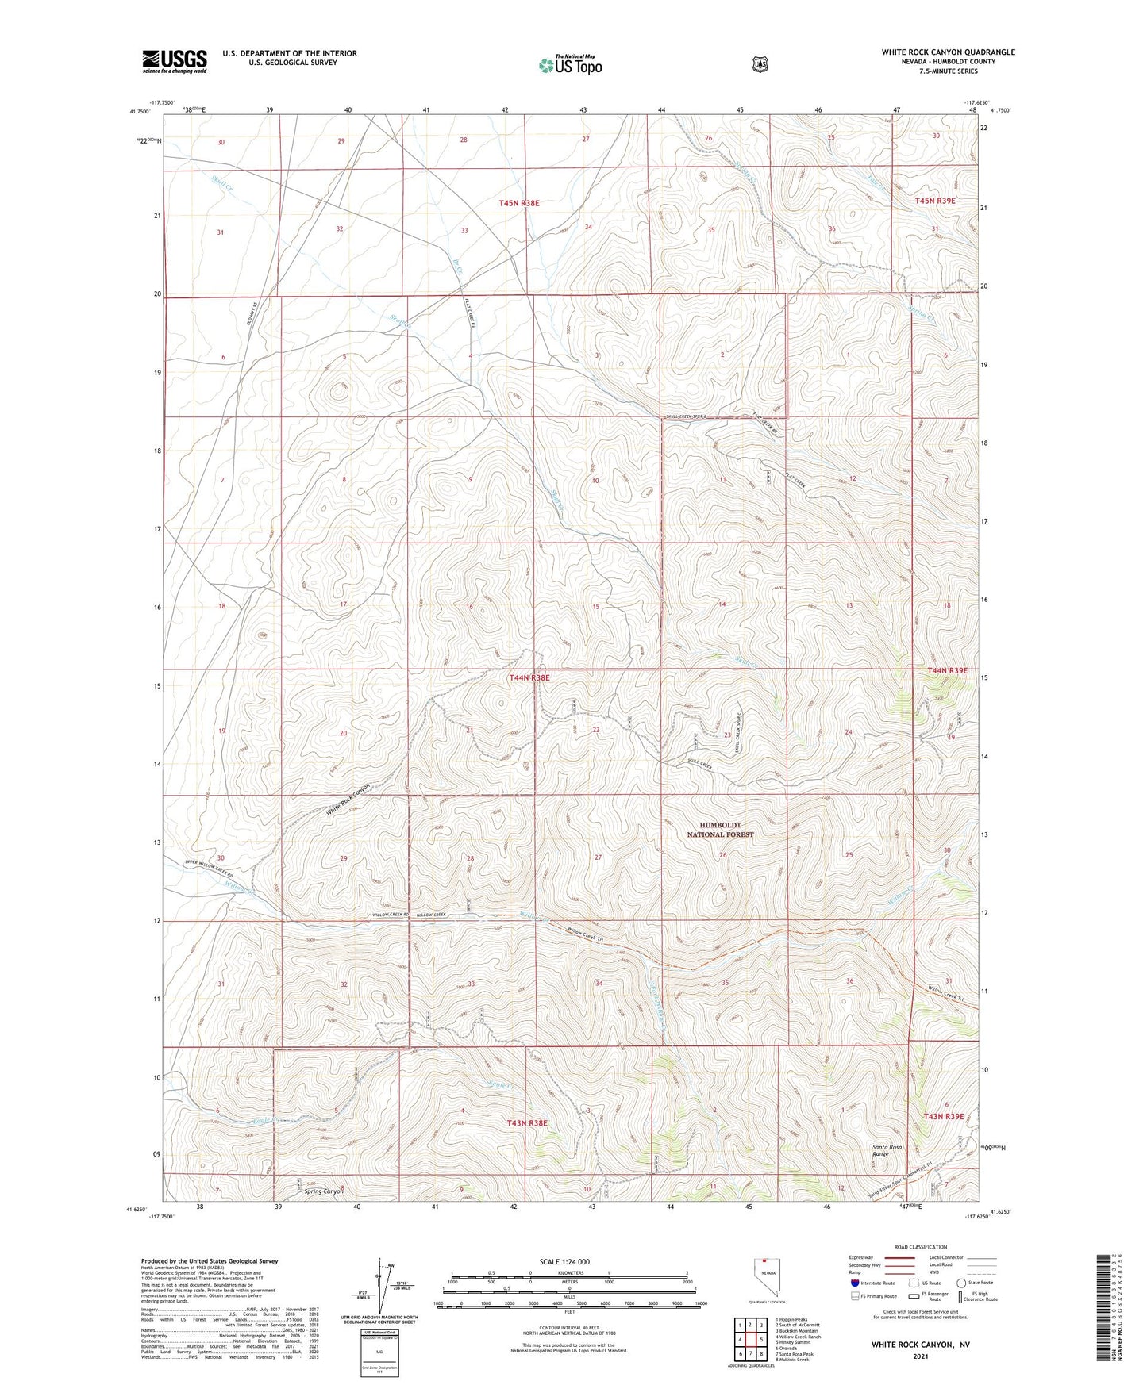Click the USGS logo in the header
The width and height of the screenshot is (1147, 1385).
tap(175, 61)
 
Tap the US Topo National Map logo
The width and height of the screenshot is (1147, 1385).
tap(569, 65)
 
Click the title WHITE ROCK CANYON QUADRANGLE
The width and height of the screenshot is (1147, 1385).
tap(948, 52)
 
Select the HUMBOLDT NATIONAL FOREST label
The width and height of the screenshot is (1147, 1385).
tap(720, 830)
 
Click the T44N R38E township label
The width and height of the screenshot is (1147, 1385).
tap(529, 678)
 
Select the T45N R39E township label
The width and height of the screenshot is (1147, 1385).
tap(934, 201)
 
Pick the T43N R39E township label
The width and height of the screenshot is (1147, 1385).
tap(943, 1116)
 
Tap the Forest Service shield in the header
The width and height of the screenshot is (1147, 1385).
tap(760, 63)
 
